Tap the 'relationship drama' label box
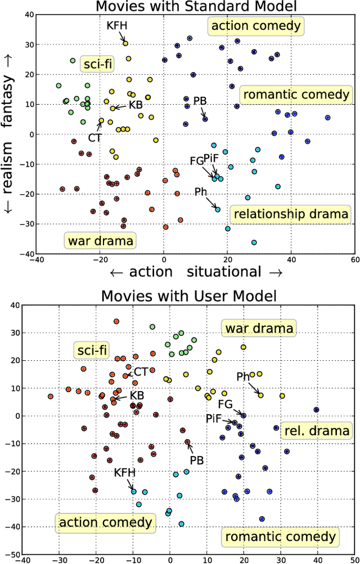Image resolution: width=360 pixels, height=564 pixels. [x=291, y=214]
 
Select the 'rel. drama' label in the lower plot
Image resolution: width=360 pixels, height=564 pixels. [x=316, y=431]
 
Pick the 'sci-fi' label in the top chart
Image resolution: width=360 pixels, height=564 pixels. [x=97, y=64]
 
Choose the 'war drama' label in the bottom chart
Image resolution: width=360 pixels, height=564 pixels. [x=259, y=328]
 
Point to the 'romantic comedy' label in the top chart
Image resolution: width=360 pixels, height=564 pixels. [x=295, y=95]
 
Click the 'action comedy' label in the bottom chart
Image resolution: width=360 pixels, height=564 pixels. [x=105, y=522]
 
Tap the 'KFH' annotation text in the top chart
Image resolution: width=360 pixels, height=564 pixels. [x=117, y=26]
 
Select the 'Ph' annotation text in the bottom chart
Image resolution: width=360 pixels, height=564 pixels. [x=243, y=377]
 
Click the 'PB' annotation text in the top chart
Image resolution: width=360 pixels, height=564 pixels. [x=200, y=101]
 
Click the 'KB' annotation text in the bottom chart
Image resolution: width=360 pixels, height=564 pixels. [x=137, y=396]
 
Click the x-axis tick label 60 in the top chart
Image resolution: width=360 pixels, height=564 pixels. [x=353, y=260]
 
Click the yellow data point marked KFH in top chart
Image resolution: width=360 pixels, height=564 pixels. [x=125, y=43]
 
